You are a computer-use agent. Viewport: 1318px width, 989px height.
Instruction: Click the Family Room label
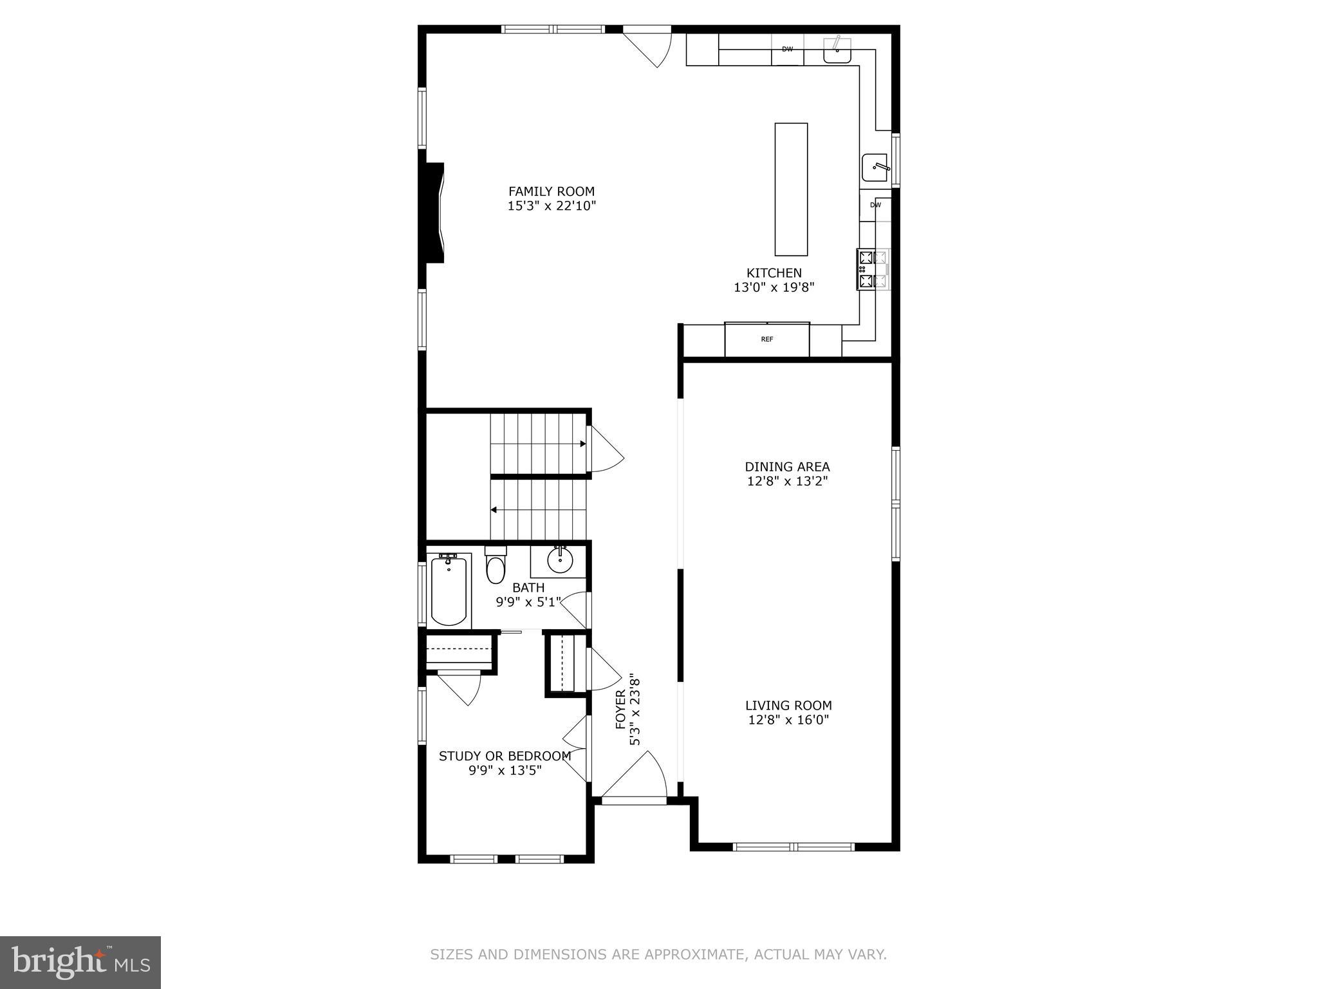[551, 191]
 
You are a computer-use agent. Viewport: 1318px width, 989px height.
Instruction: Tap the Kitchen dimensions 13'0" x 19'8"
[774, 288]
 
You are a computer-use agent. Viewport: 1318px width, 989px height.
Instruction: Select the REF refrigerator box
[766, 339]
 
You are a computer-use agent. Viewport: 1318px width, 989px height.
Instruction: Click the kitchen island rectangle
[790, 189]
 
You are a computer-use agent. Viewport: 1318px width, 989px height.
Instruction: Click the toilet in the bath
[495, 567]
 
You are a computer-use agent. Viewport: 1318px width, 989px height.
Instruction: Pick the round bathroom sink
[560, 560]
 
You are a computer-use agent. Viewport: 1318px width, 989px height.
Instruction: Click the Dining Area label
[787, 467]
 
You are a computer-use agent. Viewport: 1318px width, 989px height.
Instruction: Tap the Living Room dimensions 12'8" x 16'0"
[788, 720]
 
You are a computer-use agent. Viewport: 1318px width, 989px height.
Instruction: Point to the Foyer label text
[621, 710]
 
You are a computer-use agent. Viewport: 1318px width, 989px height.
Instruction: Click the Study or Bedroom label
[505, 756]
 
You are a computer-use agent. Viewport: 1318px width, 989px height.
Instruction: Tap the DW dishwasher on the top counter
[787, 50]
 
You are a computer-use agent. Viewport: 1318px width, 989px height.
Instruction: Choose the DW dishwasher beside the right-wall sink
[875, 205]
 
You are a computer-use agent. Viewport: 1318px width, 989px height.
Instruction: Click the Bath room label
[528, 588]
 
